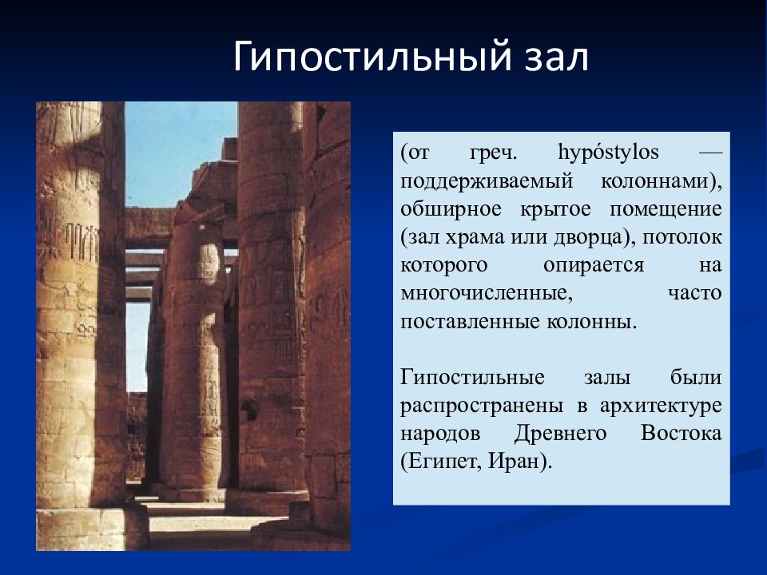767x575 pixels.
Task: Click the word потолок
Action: (687, 237)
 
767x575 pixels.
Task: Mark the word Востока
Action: (682, 433)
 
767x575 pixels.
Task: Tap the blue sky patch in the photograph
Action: (180, 152)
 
